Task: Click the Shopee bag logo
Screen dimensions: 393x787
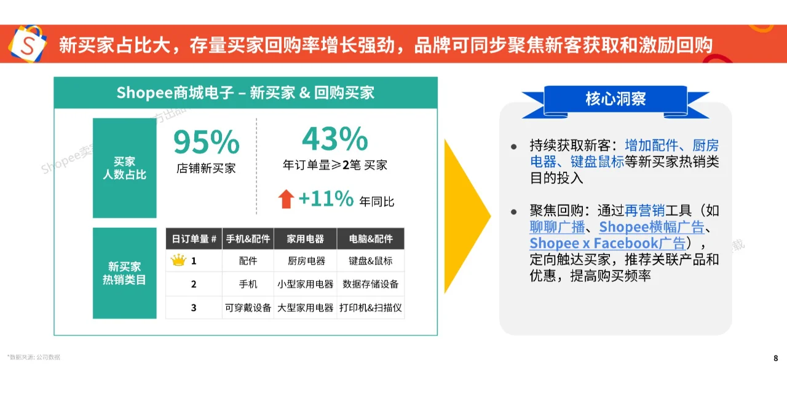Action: (28, 44)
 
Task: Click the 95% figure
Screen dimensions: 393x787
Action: (206, 142)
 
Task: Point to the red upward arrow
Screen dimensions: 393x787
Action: (286, 198)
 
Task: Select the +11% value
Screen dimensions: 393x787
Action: (326, 198)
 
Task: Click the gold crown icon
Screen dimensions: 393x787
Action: (178, 260)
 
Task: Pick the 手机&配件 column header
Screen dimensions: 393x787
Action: (248, 239)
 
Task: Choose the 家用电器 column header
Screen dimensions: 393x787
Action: (306, 239)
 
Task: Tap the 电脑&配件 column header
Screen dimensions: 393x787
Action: (370, 239)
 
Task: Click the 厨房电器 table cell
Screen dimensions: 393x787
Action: (306, 261)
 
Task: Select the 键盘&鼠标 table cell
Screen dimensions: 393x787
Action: (370, 261)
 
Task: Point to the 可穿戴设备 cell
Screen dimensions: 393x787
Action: (248, 308)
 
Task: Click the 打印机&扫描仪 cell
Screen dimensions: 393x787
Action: (370, 308)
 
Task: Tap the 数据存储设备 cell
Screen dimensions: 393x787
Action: (370, 284)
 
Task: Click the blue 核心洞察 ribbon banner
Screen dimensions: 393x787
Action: (615, 99)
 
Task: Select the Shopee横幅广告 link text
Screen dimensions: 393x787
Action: (651, 227)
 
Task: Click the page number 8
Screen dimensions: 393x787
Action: (775, 358)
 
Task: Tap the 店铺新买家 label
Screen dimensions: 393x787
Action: (206, 168)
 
